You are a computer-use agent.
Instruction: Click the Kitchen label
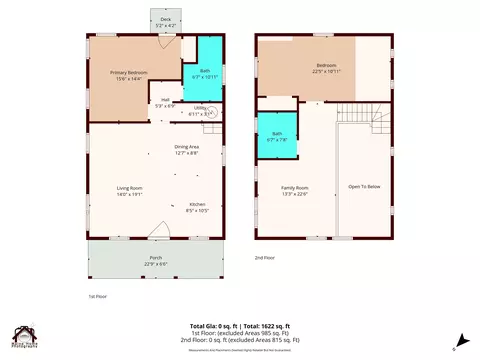197,207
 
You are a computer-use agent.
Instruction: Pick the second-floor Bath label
277,137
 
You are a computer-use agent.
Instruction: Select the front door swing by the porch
155,233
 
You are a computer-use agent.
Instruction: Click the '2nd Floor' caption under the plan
264,257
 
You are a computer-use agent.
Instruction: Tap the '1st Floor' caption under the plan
98,297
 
